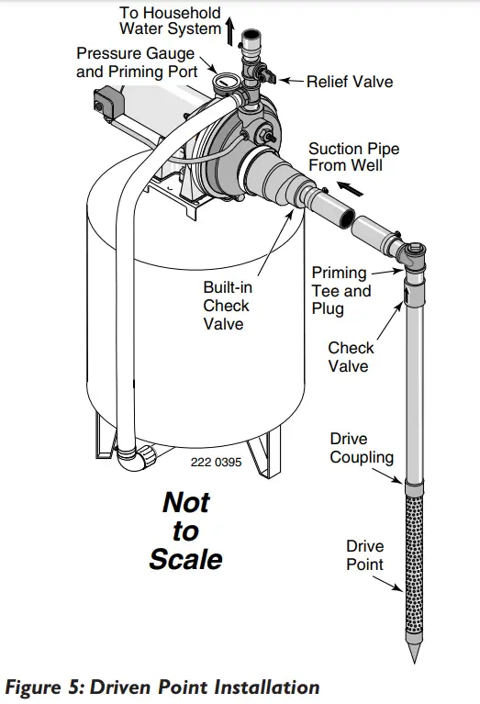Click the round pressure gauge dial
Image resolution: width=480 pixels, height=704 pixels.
(221, 83)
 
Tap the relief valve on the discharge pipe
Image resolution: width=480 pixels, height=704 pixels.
(264, 74)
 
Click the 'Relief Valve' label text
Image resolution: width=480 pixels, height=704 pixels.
(350, 82)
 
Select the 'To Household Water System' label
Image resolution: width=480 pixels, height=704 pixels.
(170, 21)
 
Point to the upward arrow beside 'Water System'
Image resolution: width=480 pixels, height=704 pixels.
(229, 31)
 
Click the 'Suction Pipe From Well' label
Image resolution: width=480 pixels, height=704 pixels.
(354, 157)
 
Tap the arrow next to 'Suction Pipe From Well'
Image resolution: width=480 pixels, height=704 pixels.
(350, 188)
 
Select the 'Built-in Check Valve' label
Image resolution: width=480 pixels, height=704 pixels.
(228, 306)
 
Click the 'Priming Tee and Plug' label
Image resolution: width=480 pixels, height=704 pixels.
(341, 291)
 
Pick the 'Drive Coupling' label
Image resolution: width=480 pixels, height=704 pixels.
(362, 448)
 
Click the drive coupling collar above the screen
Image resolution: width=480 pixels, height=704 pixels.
(414, 486)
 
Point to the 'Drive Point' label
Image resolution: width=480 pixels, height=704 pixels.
(364, 555)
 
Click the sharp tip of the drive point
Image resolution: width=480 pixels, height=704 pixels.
(414, 663)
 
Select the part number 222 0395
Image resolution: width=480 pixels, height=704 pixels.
(216, 462)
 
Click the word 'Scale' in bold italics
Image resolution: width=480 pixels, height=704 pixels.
(186, 559)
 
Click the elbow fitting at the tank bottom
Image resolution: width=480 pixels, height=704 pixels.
(134, 457)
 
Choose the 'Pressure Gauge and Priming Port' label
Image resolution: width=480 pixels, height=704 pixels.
(137, 62)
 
